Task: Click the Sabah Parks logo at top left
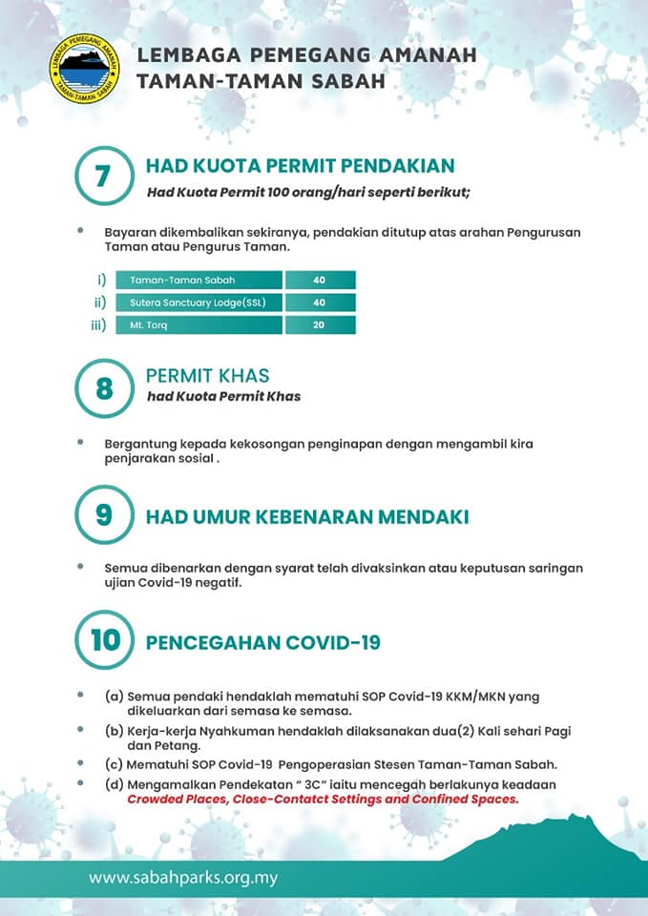click(x=87, y=69)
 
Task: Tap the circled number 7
click(x=104, y=177)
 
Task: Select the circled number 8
click(x=104, y=388)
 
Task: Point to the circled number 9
click(x=104, y=516)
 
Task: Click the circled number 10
click(x=105, y=639)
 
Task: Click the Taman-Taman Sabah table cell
click(x=199, y=281)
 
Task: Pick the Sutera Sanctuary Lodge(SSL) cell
click(x=199, y=302)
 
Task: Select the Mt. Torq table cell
click(x=199, y=325)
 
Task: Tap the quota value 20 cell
click(x=320, y=325)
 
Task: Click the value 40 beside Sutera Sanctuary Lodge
click(x=320, y=302)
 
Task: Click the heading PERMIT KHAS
click(x=207, y=376)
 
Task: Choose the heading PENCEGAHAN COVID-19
click(x=262, y=642)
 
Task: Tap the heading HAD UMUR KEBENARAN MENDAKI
click(x=306, y=517)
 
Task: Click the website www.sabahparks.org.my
click(x=183, y=877)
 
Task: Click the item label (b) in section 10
click(x=114, y=731)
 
